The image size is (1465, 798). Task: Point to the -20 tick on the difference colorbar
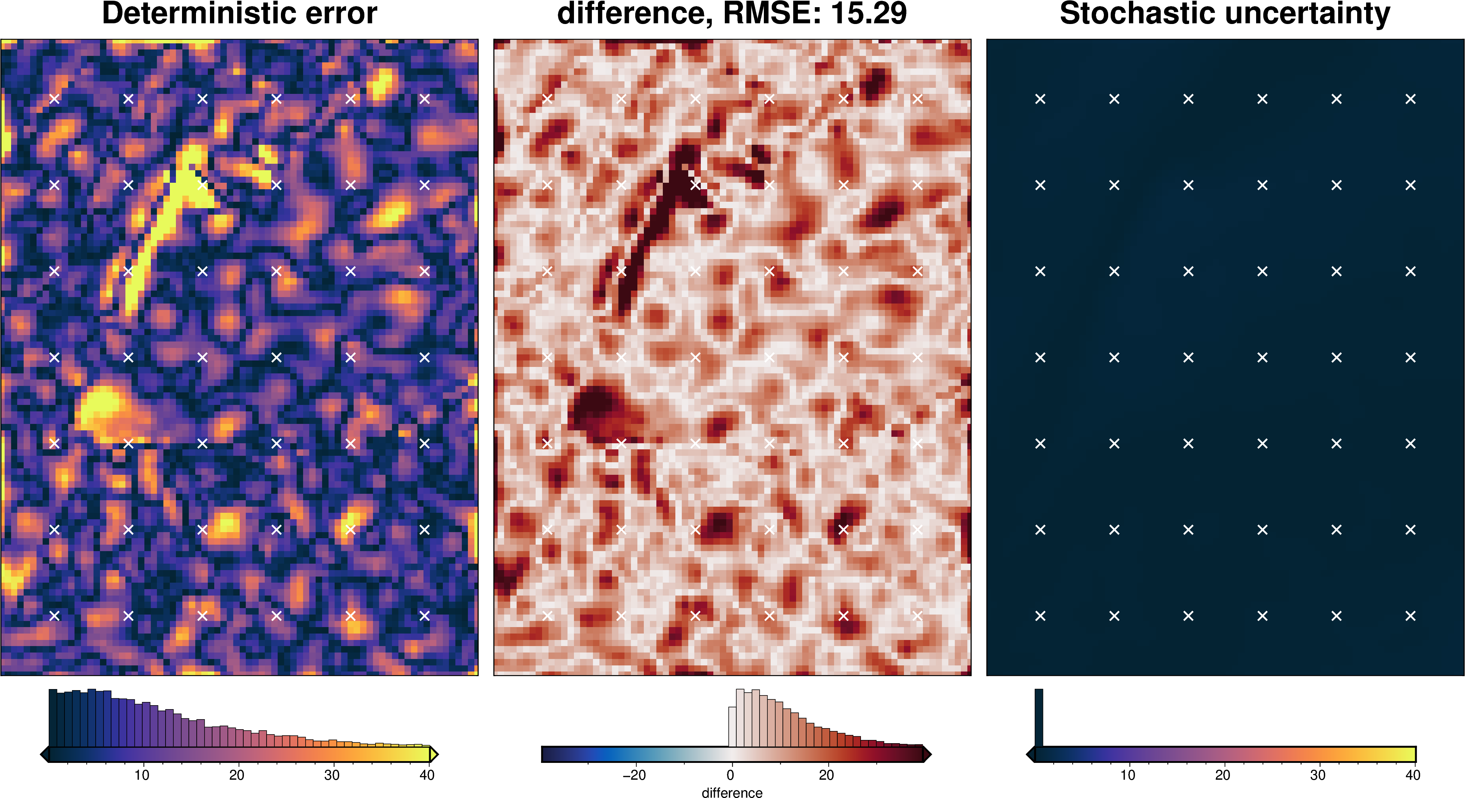point(634,775)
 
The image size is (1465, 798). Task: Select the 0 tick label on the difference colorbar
point(730,775)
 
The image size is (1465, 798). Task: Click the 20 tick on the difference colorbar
point(826,775)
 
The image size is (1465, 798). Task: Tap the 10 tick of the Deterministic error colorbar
point(142,775)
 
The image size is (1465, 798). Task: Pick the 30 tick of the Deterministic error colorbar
point(331,775)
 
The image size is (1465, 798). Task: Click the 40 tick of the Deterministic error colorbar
point(427,775)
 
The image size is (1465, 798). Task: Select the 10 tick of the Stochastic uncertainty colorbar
point(1127,775)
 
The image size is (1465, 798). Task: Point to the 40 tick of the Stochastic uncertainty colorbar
point(1412,775)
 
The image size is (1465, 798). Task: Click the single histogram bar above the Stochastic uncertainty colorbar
point(1038,717)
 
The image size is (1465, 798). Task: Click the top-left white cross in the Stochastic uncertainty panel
point(1040,99)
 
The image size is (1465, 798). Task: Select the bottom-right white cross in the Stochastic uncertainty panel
point(1411,615)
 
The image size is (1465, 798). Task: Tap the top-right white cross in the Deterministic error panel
point(424,99)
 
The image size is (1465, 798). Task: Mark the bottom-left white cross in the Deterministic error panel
point(54,615)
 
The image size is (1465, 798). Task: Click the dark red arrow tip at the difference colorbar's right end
point(927,755)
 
